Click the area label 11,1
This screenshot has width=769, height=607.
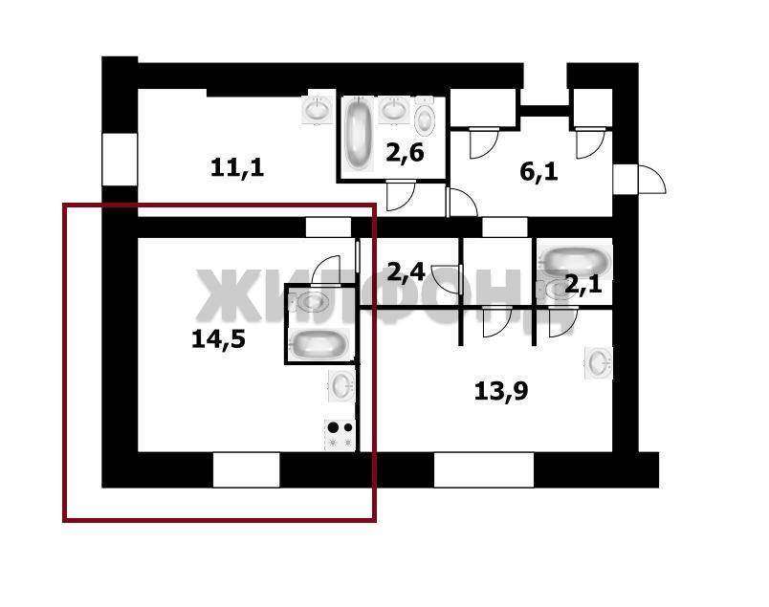(237, 167)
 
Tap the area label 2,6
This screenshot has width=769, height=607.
(405, 153)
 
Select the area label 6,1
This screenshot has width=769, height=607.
(538, 173)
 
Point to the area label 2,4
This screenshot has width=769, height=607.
(406, 271)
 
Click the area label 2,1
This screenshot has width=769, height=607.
(583, 284)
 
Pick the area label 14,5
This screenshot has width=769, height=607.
(218, 339)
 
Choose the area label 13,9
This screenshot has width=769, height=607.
(501, 391)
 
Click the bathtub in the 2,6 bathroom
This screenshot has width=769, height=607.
(357, 134)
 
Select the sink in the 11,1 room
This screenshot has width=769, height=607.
(316, 109)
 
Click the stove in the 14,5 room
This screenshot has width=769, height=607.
(340, 434)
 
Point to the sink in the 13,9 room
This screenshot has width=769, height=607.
(599, 363)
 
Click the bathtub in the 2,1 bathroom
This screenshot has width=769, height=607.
(574, 261)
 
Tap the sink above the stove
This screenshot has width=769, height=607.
(341, 386)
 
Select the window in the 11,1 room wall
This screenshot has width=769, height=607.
(120, 160)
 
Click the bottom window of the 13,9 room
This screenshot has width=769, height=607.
(484, 469)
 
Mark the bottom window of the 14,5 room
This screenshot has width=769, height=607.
(246, 469)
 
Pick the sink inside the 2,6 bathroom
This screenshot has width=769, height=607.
(393, 109)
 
